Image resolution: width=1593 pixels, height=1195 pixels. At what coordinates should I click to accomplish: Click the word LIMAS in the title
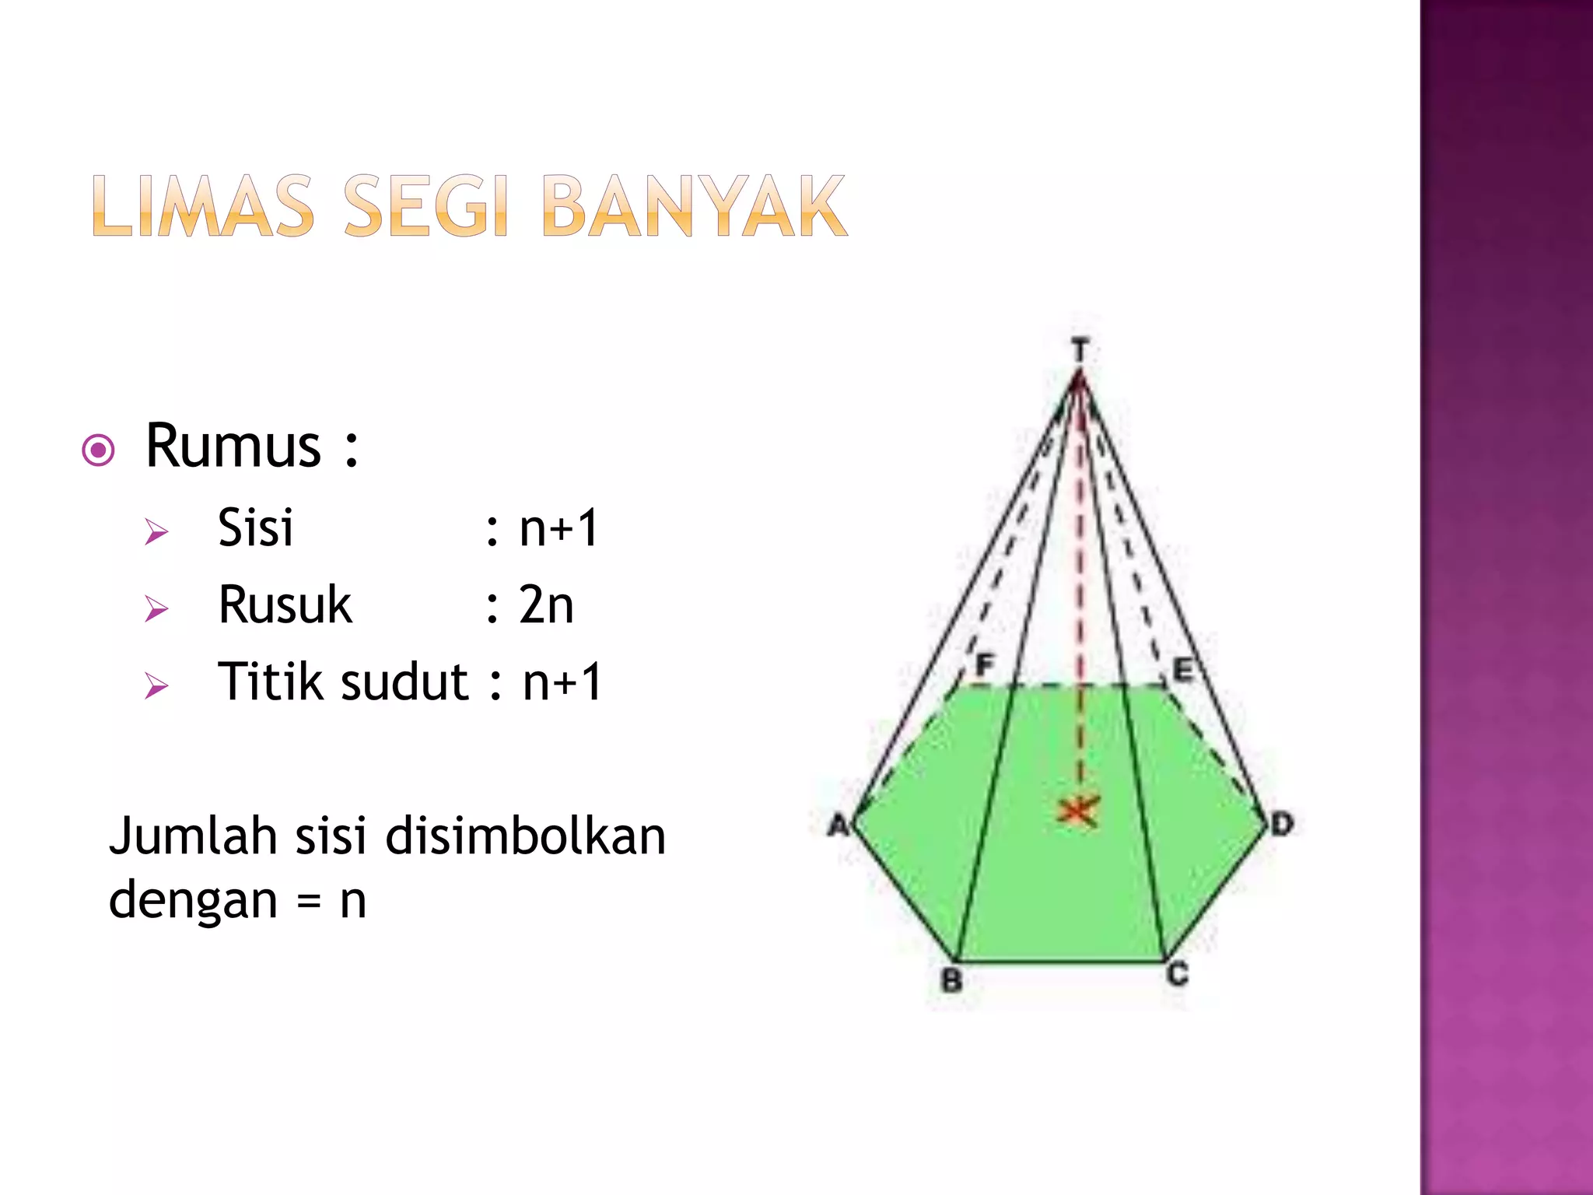pos(203,206)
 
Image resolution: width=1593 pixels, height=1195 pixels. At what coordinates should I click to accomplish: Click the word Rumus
pos(233,447)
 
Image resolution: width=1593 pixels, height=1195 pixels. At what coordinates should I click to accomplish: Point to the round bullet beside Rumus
pos(99,450)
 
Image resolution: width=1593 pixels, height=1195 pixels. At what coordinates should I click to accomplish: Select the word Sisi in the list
pos(255,527)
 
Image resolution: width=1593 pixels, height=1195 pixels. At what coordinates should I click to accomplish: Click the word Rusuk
pos(285,605)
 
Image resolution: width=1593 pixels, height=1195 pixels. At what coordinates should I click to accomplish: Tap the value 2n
pos(546,605)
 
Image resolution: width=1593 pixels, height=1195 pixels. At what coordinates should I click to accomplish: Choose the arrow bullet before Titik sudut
pos(156,686)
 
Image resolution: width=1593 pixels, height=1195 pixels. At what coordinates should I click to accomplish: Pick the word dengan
pos(193,901)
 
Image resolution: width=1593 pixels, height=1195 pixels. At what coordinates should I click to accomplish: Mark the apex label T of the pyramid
pos(1080,350)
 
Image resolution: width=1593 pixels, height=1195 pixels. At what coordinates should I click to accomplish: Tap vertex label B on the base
pos(952,980)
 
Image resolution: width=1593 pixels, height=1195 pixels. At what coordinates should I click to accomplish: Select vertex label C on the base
pos(1178,974)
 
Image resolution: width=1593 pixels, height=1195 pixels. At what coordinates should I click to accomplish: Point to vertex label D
pos(1282,823)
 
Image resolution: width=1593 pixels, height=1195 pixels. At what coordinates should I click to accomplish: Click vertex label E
pos(1182,669)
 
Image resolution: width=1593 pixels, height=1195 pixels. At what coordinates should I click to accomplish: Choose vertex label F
pos(985,666)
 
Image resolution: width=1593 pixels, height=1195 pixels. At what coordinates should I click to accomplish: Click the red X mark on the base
pos(1078,811)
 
